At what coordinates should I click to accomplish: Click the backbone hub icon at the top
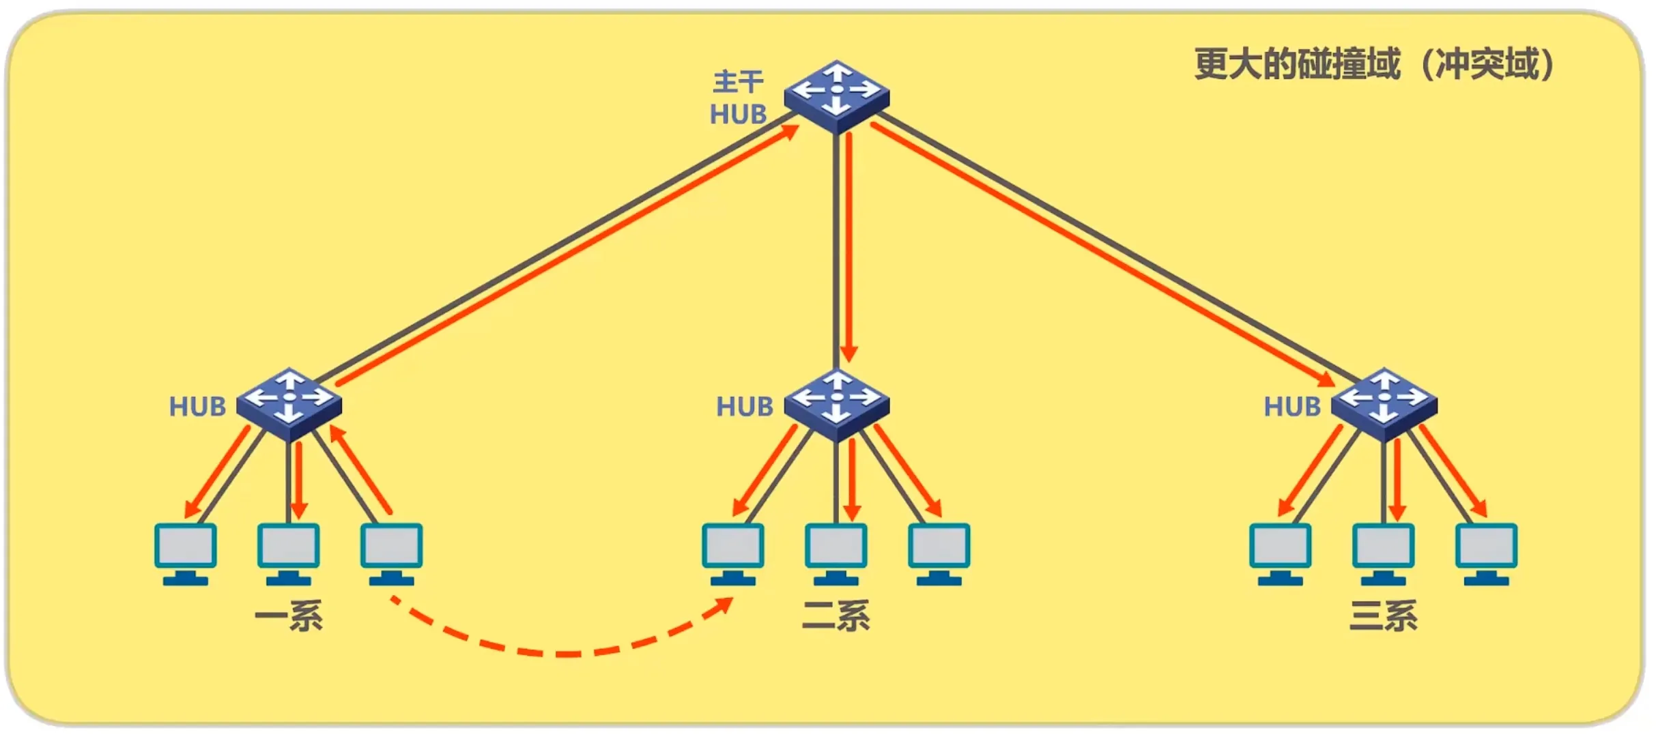836,96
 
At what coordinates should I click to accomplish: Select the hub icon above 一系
289,403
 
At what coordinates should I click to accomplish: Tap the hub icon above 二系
836,404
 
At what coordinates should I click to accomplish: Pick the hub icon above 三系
1384,404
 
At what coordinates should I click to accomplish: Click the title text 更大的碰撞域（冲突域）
1373,65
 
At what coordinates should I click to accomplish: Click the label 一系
288,615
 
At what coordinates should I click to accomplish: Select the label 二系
836,615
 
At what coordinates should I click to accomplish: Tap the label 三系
1383,615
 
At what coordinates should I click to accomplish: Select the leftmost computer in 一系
186,553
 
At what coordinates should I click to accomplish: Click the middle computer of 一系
288,553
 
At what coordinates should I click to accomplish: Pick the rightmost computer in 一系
391,553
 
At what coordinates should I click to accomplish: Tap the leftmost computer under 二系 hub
733,553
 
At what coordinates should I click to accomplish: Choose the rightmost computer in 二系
939,553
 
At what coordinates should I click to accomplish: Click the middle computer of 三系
1383,553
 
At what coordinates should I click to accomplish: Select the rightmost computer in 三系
1486,553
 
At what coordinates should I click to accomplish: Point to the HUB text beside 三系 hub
1292,407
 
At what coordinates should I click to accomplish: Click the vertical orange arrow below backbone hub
849,246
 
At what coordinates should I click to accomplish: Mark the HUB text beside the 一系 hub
197,407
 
